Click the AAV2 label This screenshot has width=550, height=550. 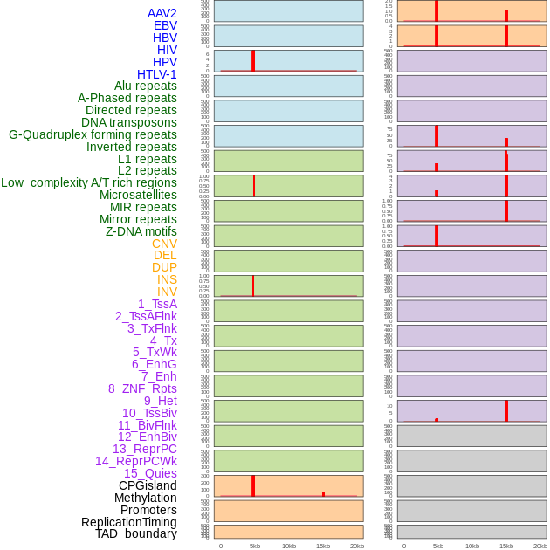162,13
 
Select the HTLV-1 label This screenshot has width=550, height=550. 157,74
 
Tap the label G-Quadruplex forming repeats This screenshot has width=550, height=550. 93,134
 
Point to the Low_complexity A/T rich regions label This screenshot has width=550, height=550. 89,182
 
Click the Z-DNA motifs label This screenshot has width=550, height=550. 141,231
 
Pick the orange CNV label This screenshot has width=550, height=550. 164,244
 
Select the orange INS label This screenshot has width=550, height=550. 167,279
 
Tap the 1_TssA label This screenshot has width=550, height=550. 157,304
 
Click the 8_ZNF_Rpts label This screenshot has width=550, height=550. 142,388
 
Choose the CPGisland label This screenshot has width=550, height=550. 148,485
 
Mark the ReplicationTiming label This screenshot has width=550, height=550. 128,522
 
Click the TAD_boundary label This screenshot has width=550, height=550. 136,533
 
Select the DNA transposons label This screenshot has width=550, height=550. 129,122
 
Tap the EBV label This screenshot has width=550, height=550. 165,25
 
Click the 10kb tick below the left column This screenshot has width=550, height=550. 288,546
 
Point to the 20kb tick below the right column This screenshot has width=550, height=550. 540,546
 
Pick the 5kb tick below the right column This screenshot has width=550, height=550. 437,546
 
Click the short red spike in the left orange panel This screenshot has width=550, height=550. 323,493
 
